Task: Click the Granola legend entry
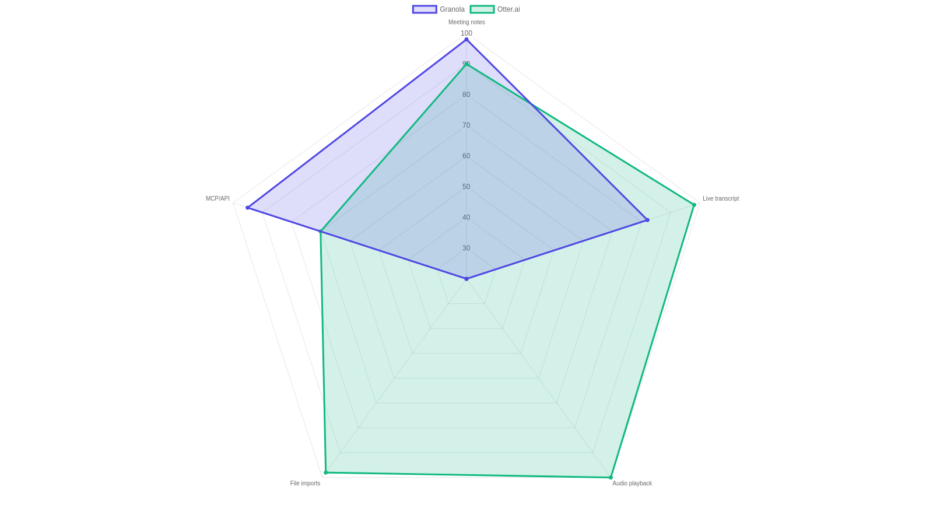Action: click(x=438, y=9)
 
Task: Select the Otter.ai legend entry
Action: click(x=495, y=9)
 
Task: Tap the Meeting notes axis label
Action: click(x=466, y=22)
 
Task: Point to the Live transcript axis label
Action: click(x=721, y=199)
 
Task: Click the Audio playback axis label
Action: click(x=632, y=484)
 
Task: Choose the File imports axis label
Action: click(x=305, y=484)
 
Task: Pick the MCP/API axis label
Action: click(x=218, y=199)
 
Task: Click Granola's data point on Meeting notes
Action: click(x=466, y=40)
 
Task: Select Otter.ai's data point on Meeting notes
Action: click(x=466, y=64)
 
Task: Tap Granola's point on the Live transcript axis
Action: click(x=647, y=220)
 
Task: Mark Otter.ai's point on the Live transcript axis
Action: click(x=694, y=205)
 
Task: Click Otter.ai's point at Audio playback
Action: click(x=611, y=478)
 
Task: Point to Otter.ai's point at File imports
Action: click(x=326, y=473)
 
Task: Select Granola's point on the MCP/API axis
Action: click(x=247, y=208)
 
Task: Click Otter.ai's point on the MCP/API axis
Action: click(x=320, y=231)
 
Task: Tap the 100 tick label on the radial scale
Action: click(x=466, y=33)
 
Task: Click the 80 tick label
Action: click(x=466, y=94)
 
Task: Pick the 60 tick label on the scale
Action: click(x=466, y=156)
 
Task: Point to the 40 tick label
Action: click(x=466, y=218)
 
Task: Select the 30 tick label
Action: click(x=466, y=249)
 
